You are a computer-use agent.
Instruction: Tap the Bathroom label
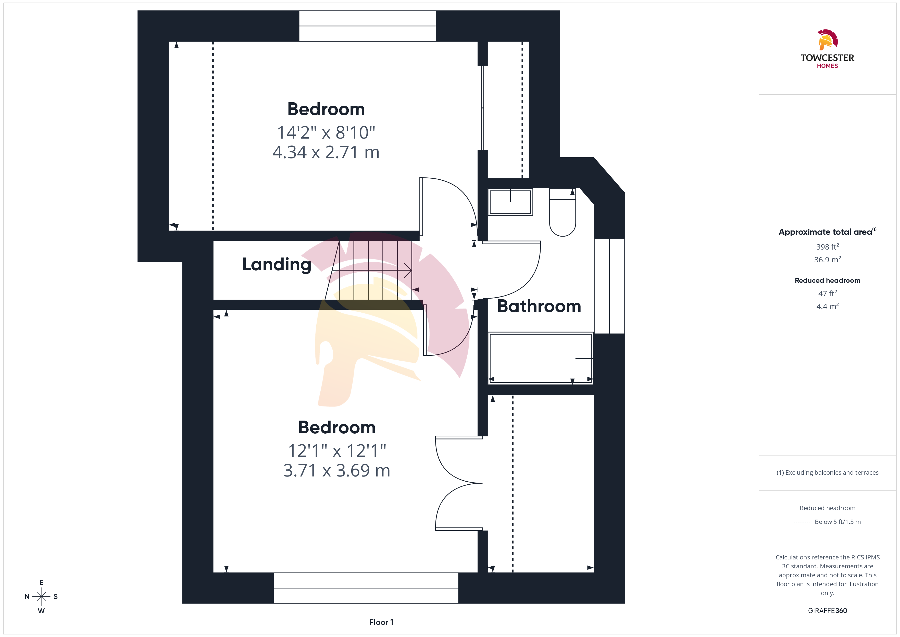[539, 306]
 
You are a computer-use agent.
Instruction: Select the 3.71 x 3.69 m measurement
[337, 470]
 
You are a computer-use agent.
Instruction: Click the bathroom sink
[510, 202]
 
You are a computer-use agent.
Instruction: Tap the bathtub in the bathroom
[541, 358]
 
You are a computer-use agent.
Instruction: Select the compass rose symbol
[41, 597]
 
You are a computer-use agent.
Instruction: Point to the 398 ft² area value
[828, 247]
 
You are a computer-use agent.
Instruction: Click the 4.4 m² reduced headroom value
[828, 306]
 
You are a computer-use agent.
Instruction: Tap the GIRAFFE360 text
[828, 611]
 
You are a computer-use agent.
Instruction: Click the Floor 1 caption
[381, 622]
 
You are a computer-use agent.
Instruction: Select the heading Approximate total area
[825, 232]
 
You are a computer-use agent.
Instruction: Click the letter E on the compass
[41, 582]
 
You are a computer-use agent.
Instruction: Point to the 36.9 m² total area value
[828, 260]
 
